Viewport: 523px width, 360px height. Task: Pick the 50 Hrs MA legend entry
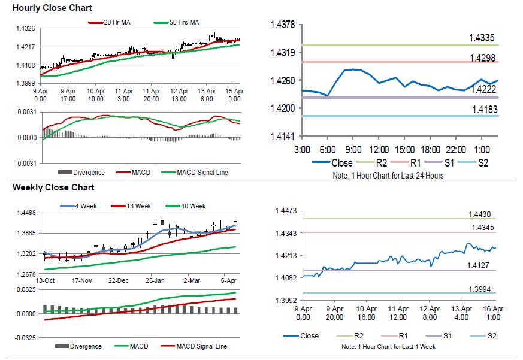182,23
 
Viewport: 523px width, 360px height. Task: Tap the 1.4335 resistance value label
482,38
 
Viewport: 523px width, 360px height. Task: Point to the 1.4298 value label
482,58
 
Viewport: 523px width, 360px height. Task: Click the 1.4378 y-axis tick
282,25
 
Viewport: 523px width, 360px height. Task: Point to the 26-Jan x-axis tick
155,280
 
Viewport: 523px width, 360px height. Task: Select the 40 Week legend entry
192,206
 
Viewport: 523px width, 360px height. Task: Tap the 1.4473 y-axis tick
286,211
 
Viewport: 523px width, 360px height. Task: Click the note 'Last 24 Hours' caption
388,176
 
